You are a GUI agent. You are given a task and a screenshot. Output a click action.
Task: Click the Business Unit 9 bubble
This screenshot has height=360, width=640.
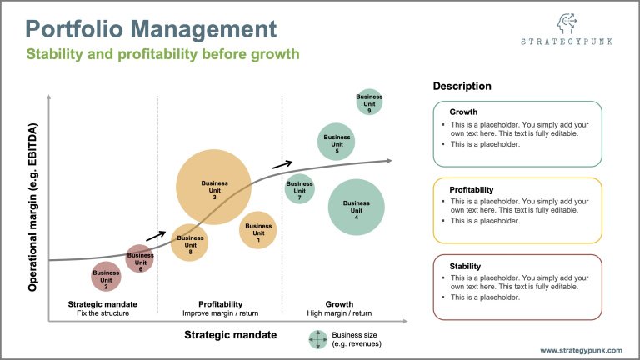click(369, 102)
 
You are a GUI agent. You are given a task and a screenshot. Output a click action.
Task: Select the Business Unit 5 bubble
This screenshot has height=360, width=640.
click(337, 141)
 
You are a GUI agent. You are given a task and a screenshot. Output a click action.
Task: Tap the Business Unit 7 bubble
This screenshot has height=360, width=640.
click(299, 189)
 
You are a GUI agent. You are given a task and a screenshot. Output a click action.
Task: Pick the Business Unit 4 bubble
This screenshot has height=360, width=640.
click(356, 207)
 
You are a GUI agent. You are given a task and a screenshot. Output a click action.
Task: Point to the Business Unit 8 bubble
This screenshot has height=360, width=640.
click(190, 243)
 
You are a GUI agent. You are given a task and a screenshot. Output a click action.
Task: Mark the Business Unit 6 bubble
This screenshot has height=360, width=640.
click(140, 258)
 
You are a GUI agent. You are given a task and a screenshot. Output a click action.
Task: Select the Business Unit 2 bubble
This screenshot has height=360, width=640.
click(106, 276)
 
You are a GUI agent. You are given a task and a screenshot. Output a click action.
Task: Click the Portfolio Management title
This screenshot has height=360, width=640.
click(151, 29)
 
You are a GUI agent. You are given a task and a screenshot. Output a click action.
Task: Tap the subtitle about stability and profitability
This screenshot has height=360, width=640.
click(162, 55)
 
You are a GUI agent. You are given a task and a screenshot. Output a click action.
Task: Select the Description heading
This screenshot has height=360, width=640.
click(462, 87)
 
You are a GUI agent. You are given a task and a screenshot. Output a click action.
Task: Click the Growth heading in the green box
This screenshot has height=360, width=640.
click(464, 112)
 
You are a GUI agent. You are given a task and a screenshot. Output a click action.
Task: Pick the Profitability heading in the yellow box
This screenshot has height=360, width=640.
click(472, 189)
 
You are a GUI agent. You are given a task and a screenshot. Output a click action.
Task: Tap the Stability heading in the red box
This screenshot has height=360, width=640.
click(465, 266)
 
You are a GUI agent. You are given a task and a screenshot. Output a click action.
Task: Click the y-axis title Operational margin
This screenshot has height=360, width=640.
click(35, 207)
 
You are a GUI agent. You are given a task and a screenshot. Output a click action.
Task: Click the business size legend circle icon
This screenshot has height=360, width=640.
click(317, 339)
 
